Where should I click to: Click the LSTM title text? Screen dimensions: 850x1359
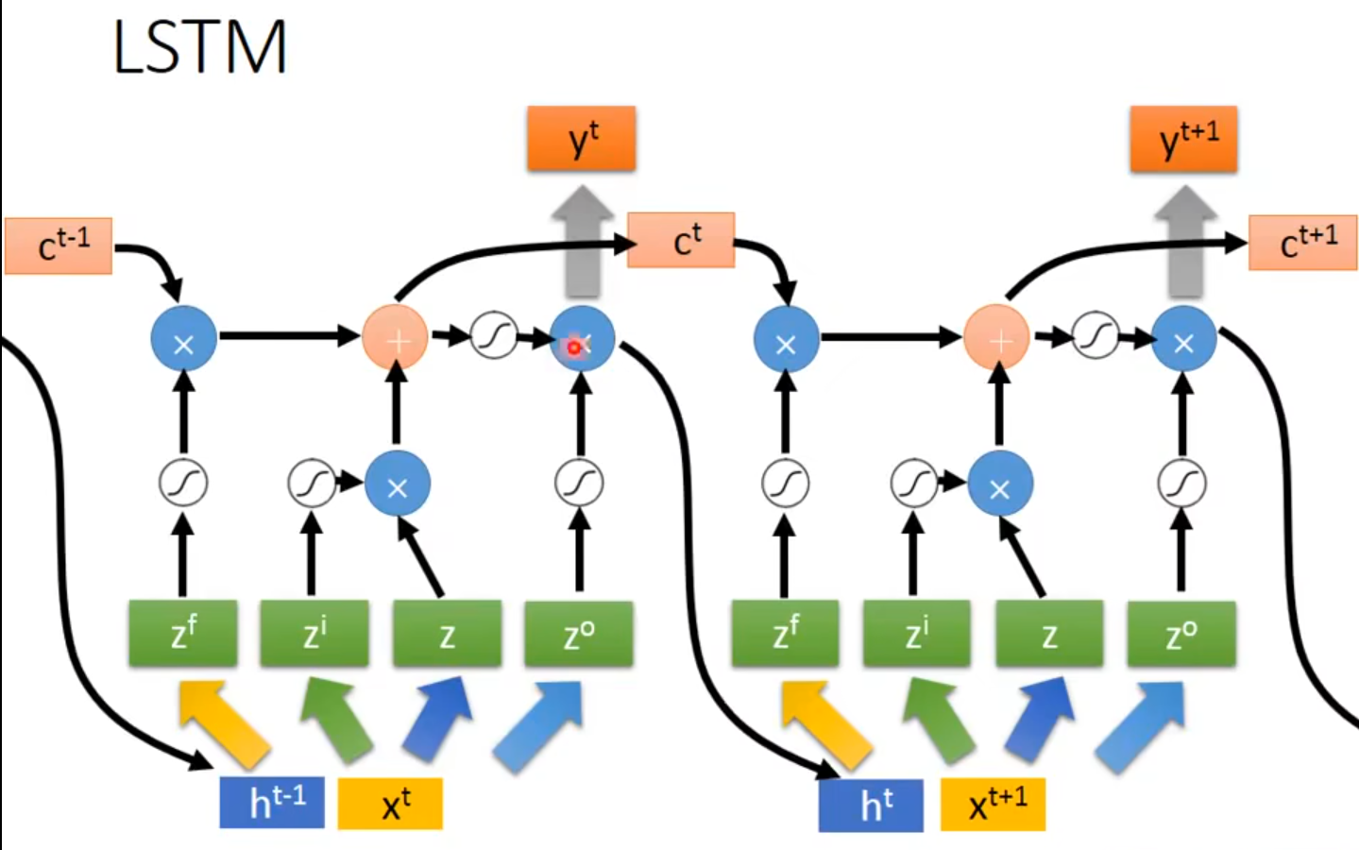click(199, 47)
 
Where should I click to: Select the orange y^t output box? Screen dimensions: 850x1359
click(582, 140)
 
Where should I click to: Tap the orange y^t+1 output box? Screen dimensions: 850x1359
click(1183, 140)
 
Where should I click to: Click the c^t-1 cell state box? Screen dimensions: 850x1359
click(59, 246)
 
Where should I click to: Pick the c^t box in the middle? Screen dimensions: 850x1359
click(681, 241)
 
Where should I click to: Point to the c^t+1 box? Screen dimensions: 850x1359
click(1303, 243)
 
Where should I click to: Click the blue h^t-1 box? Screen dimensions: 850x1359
click(272, 803)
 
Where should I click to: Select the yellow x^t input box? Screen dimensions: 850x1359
click(390, 804)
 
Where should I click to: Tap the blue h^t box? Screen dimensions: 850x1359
click(871, 805)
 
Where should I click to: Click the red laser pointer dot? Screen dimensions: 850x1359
click(573, 348)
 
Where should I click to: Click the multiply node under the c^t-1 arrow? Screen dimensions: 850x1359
click(184, 340)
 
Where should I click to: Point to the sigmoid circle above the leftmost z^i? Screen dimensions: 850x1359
click(312, 484)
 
